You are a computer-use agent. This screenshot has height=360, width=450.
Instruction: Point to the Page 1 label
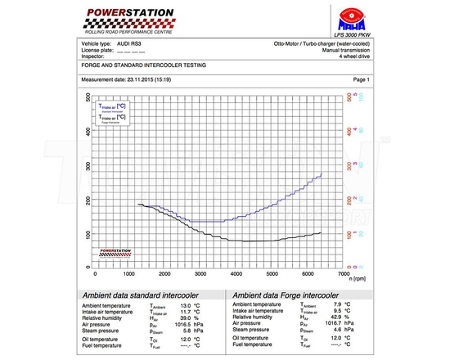pos(361,79)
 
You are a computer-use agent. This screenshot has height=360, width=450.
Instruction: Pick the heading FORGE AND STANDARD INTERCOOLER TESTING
pos(143,64)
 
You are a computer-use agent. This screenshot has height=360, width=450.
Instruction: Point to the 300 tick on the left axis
pos(88,164)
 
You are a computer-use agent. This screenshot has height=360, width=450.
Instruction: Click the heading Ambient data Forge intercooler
pos(286,295)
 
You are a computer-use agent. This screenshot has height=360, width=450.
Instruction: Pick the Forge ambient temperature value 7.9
pos(335,305)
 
